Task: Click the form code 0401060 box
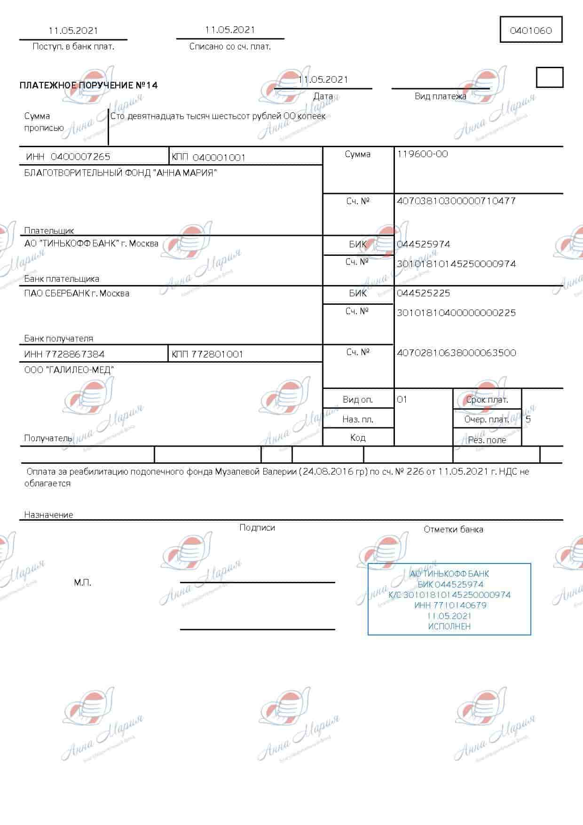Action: click(x=531, y=31)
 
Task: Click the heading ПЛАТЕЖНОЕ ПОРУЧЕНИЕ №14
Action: click(x=89, y=85)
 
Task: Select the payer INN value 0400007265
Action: click(x=80, y=157)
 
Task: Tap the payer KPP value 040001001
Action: click(x=219, y=158)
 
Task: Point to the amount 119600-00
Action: click(x=422, y=154)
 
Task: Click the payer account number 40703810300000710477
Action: click(x=456, y=201)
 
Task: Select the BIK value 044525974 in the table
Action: click(x=423, y=244)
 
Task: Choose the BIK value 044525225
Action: click(x=423, y=293)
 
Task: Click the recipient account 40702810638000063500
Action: click(x=456, y=352)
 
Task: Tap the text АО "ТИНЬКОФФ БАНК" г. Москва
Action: click(x=91, y=244)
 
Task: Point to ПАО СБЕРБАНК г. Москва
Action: click(x=77, y=293)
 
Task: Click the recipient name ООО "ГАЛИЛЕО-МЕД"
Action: click(x=69, y=370)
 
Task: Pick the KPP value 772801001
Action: click(x=217, y=354)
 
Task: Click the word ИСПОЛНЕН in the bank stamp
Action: click(x=449, y=627)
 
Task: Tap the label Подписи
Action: click(x=257, y=528)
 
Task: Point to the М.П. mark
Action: click(x=82, y=583)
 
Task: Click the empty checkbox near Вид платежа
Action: click(x=549, y=78)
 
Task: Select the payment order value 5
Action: click(x=528, y=419)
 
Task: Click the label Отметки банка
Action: click(x=453, y=530)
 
